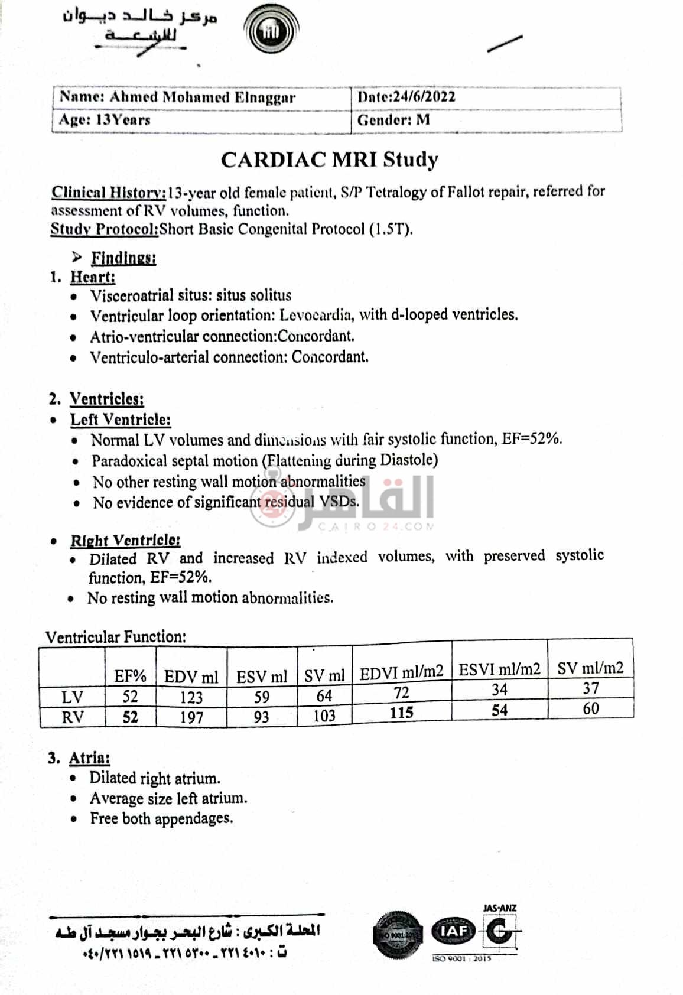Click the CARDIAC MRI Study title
329,160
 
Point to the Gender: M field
393,121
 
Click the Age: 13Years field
105,120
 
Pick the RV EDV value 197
191,717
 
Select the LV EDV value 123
191,697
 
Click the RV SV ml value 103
324,716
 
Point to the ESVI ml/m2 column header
499,669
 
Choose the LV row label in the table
72,697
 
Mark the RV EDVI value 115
401,713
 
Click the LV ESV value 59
261,697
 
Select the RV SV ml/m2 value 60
590,708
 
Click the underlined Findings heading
123,258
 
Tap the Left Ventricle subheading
120,420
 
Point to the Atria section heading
89,758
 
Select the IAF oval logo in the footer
453,932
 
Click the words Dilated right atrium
155,778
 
